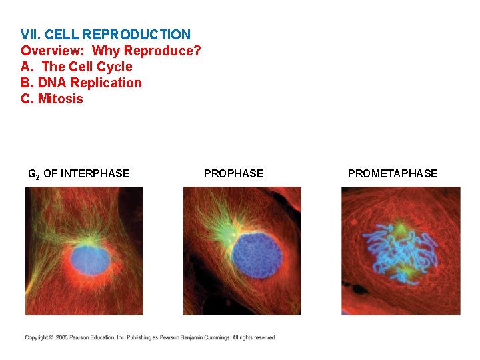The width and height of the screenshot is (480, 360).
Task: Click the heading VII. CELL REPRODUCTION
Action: (105, 34)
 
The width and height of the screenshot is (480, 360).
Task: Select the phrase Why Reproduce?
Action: (147, 51)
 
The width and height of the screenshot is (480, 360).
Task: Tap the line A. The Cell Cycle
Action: (77, 67)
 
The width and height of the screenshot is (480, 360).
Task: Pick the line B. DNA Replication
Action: (81, 83)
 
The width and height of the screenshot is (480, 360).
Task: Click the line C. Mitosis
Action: (52, 99)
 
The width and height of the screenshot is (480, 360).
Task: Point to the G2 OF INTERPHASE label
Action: (79, 174)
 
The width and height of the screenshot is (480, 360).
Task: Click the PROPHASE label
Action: (233, 174)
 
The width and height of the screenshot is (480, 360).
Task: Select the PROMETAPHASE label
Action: (393, 174)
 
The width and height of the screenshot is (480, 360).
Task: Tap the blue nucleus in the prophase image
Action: (257, 255)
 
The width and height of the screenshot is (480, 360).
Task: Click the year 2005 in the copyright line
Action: (64, 338)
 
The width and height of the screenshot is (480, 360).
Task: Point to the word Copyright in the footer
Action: (37, 338)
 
